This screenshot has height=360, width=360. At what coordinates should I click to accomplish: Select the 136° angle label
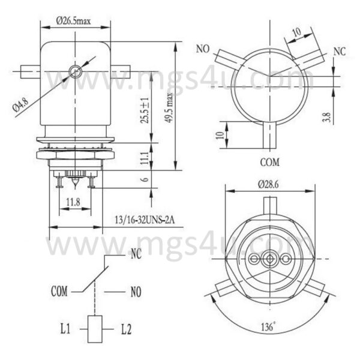tap(269, 328)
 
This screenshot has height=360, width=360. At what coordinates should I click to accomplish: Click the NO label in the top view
tap(202, 49)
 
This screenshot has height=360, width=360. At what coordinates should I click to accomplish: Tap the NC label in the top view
tap(339, 51)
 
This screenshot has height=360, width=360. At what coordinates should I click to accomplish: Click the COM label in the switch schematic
tap(59, 292)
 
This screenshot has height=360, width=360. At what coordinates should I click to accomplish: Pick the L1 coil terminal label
tap(66, 328)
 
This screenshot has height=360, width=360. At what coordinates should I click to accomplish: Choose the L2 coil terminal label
tap(125, 328)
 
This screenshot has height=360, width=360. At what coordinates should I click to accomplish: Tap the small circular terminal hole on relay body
tap(74, 71)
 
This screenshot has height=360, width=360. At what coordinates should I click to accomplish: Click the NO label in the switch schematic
tap(136, 292)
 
